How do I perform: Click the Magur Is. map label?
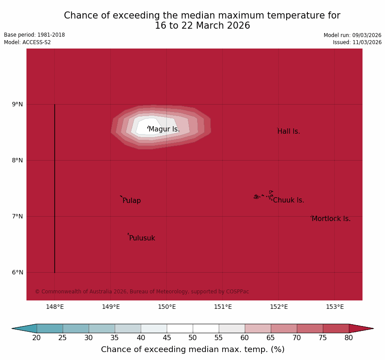(164, 129)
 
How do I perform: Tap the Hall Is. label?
(288, 131)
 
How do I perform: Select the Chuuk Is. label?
(288, 200)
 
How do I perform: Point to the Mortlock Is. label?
(331, 219)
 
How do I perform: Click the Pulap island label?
(132, 201)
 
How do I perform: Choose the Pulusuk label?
(142, 238)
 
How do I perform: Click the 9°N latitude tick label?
(17, 104)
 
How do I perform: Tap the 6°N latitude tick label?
(17, 272)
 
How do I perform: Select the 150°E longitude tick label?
(167, 307)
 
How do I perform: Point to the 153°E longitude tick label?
(335, 307)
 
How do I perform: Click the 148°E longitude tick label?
(55, 307)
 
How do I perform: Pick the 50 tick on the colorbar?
(193, 338)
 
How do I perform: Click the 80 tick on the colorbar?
(349, 338)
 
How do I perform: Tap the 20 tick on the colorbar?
(37, 338)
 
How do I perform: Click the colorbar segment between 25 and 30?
(76, 328)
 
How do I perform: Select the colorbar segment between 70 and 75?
(310, 328)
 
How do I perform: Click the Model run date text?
(352, 35)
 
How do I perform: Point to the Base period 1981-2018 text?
(34, 35)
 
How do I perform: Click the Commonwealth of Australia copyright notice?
(142, 292)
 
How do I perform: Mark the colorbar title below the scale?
(193, 349)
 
